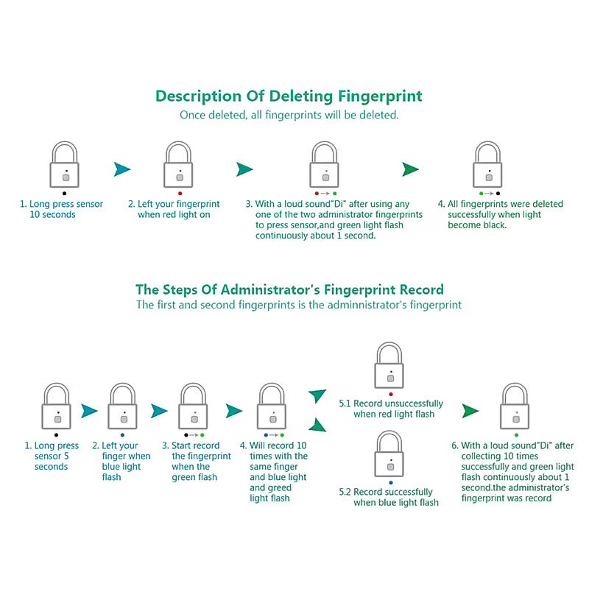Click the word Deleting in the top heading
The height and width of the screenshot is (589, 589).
pyautogui.click(x=301, y=96)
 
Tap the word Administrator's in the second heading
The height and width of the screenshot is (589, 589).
pyautogui.click(x=270, y=289)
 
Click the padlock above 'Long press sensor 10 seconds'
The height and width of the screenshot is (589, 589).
pyautogui.click(x=65, y=164)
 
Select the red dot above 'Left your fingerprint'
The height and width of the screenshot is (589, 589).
pyautogui.click(x=180, y=194)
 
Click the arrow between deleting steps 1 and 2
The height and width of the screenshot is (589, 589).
pyautogui.click(x=122, y=169)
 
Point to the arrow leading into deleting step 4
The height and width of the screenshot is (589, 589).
pyautogui.click(x=410, y=169)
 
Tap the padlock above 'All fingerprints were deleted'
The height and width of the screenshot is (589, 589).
pyautogui.click(x=487, y=164)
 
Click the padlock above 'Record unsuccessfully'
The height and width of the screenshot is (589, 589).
pyautogui.click(x=389, y=365)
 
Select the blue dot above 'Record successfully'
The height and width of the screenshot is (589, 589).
pyautogui.click(x=391, y=483)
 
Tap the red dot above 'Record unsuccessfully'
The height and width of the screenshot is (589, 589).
pyautogui.click(x=391, y=395)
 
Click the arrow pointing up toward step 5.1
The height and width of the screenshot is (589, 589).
pyautogui.click(x=318, y=395)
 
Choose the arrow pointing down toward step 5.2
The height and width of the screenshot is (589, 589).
pyautogui.click(x=318, y=425)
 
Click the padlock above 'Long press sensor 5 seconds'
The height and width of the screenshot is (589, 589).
pyautogui.click(x=57, y=406)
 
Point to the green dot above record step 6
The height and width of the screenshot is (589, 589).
pyautogui.click(x=517, y=435)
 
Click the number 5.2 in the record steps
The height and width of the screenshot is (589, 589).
pyautogui.click(x=345, y=492)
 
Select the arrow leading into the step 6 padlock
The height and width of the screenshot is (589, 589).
pyautogui.click(x=470, y=411)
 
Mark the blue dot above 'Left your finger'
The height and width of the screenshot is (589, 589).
pyautogui.click(x=122, y=435)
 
